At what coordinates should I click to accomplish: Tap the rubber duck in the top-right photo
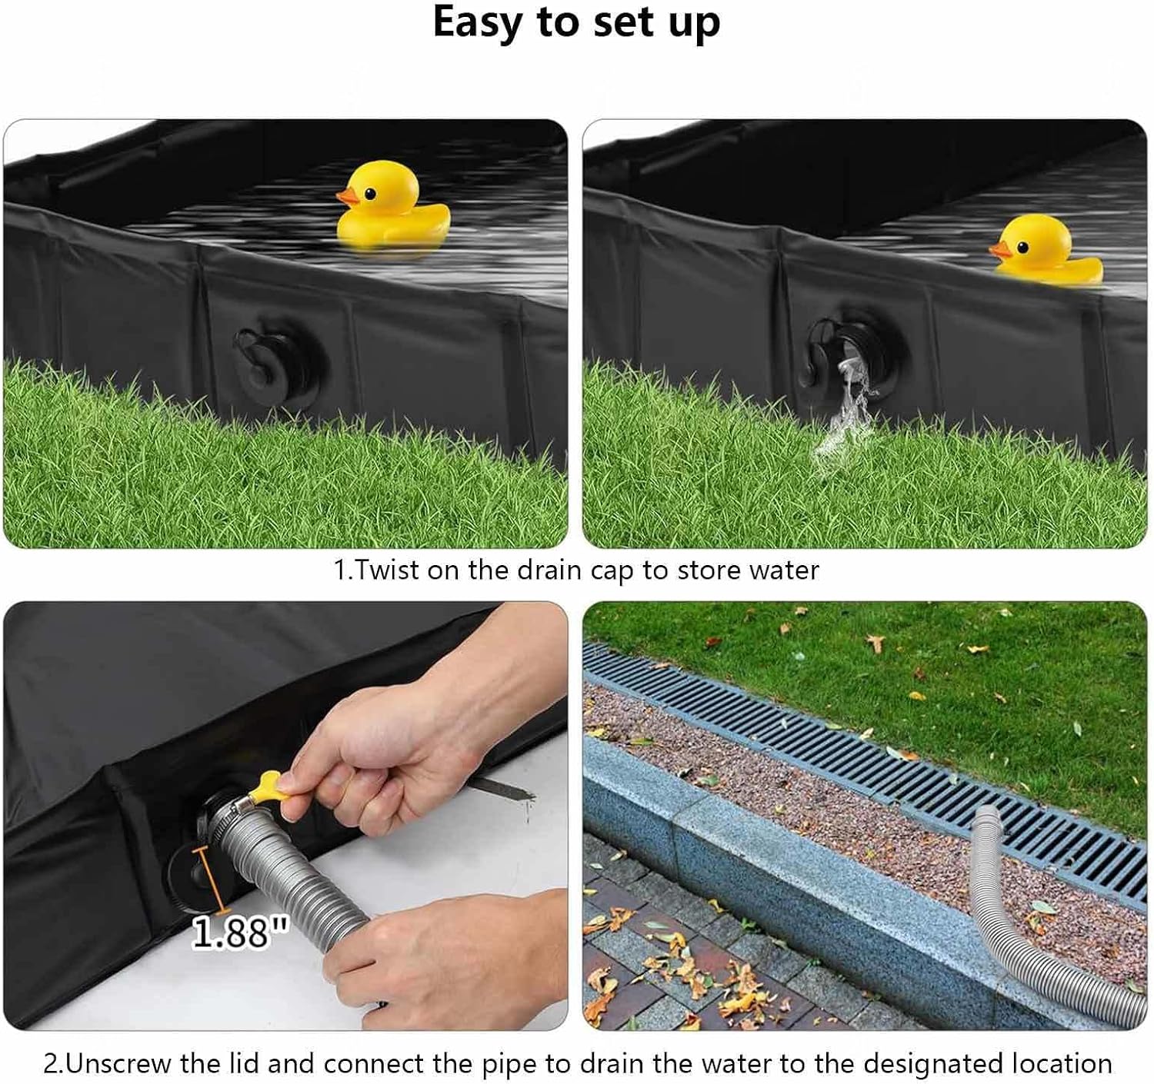click(x=1048, y=251)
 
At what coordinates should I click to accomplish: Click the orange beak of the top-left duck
click(x=349, y=198)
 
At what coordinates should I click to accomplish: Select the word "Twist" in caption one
click(x=391, y=570)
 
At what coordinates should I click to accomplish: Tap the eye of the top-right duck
click(x=1022, y=247)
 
